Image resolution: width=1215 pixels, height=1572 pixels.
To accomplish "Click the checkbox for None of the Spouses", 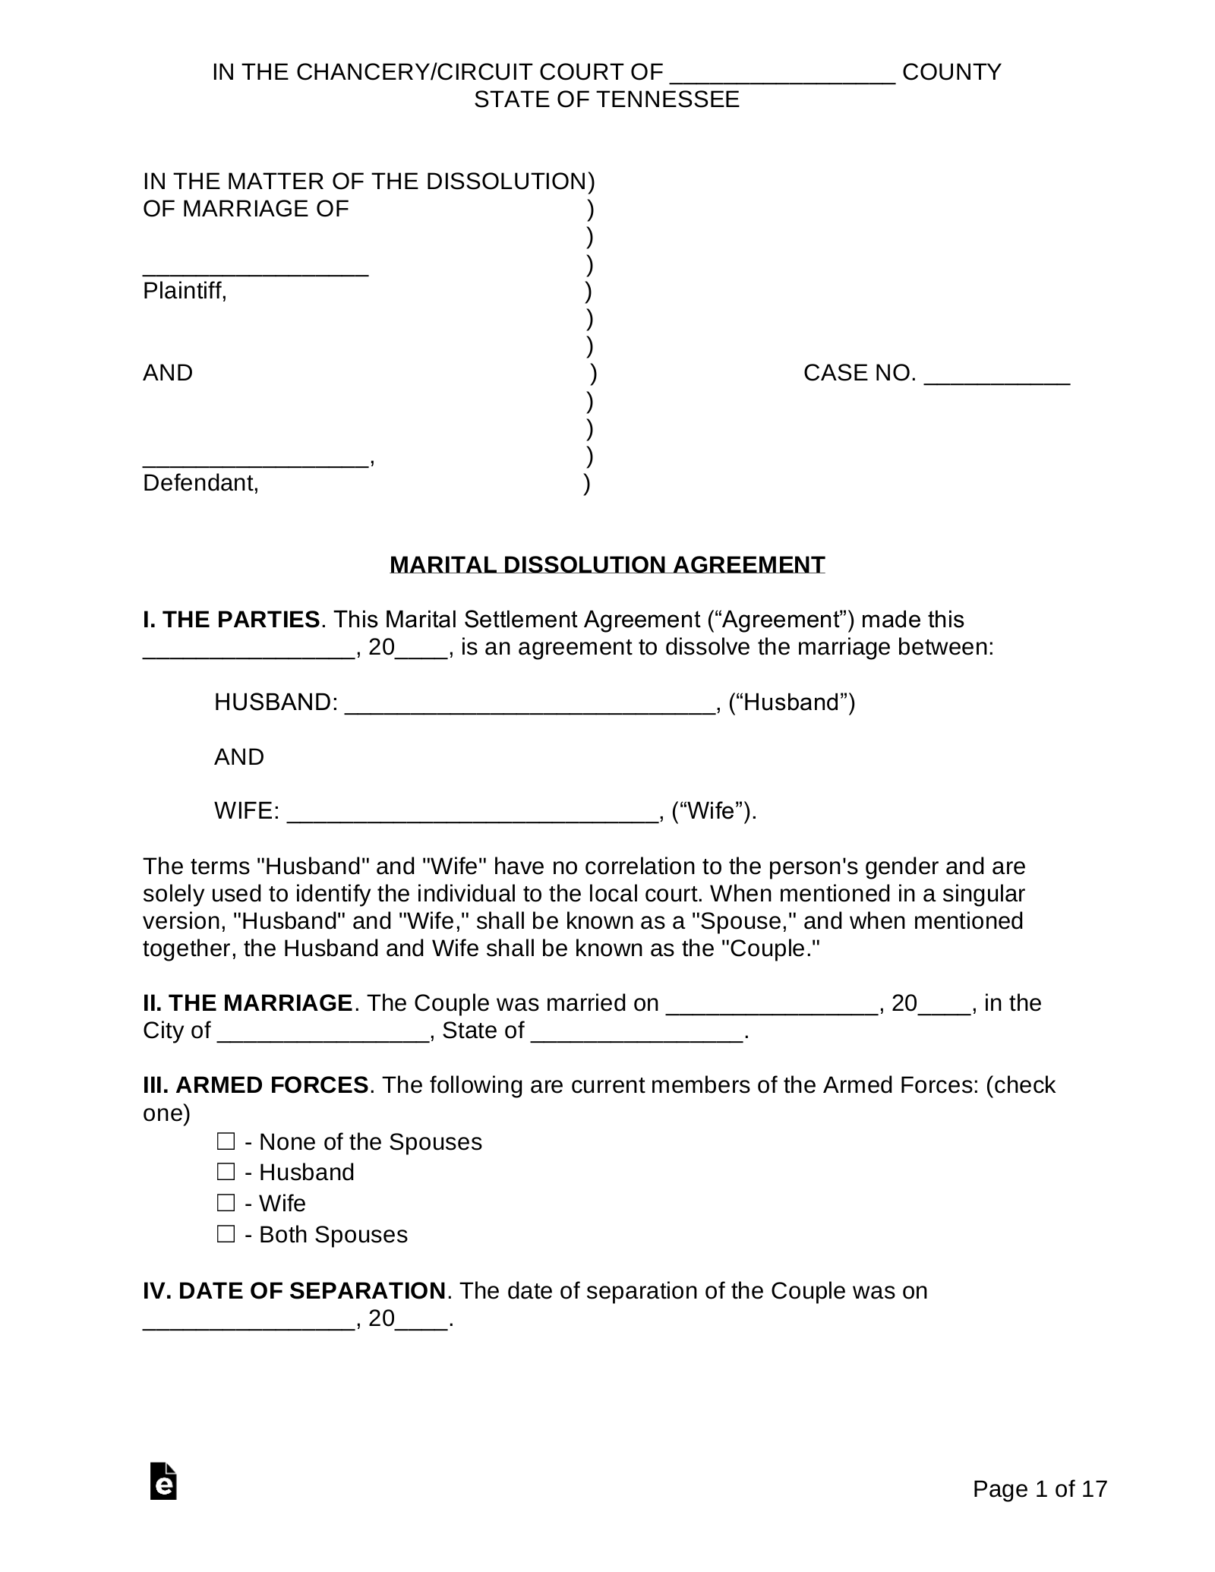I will pyautogui.click(x=226, y=1141).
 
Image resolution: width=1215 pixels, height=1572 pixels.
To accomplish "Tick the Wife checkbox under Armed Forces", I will pyautogui.click(x=226, y=1203).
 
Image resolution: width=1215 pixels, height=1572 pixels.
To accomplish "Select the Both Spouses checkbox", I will pyautogui.click(x=226, y=1234).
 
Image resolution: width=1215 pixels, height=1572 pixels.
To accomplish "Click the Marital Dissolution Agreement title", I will pyautogui.click(x=607, y=565).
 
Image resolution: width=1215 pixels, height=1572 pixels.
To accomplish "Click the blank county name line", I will pyautogui.click(x=783, y=74).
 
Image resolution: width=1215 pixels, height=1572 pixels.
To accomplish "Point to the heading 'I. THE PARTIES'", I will pyautogui.click(x=231, y=620).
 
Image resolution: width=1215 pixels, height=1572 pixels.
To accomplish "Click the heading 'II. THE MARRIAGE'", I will pyautogui.click(x=248, y=1003).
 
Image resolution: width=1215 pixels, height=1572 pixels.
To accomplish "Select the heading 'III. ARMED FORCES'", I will pyautogui.click(x=256, y=1085).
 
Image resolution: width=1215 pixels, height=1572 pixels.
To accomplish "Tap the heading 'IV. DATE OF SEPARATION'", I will pyautogui.click(x=294, y=1291).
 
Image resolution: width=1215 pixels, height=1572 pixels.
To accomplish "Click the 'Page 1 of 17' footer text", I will pyautogui.click(x=1040, y=1489).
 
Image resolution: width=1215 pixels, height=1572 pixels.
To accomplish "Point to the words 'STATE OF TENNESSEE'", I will pyautogui.click(x=607, y=99).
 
